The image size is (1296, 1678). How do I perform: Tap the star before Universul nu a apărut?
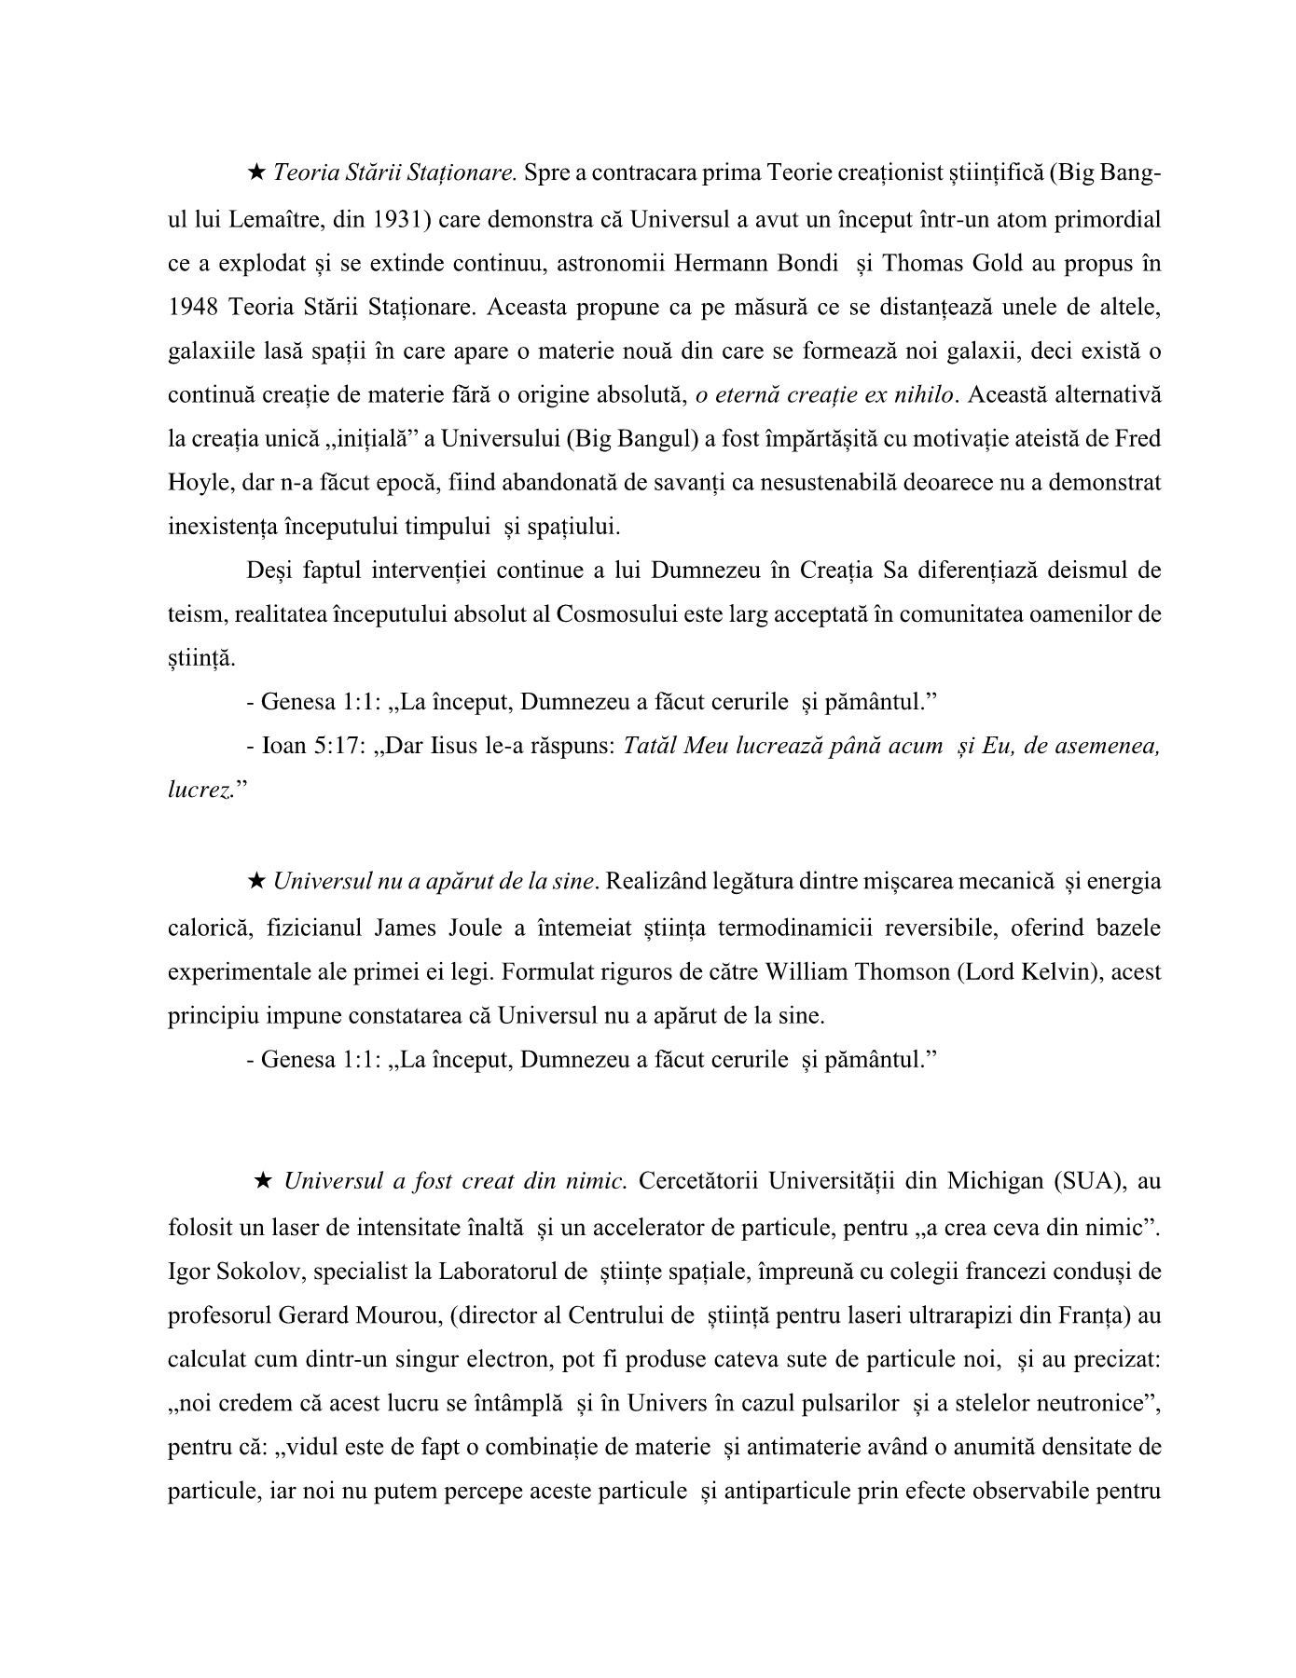point(256,881)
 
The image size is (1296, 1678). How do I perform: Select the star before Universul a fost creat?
point(263,1181)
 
